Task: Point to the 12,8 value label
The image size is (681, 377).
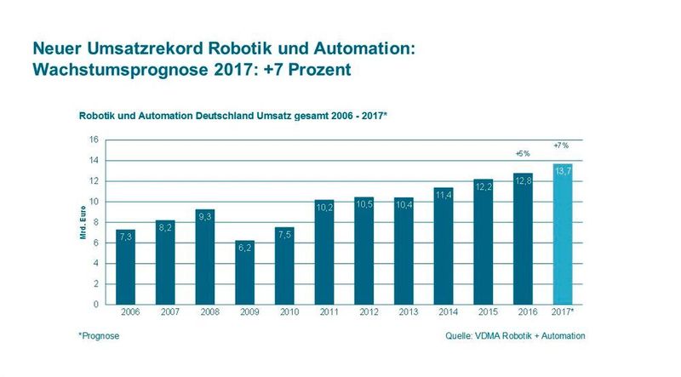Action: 524,180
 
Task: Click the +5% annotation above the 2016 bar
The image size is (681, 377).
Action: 524,153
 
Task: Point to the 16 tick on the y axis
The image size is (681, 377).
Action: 94,140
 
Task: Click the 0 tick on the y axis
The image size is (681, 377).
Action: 97,304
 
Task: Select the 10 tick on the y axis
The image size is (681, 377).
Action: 94,202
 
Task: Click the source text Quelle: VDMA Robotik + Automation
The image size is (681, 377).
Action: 516,336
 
